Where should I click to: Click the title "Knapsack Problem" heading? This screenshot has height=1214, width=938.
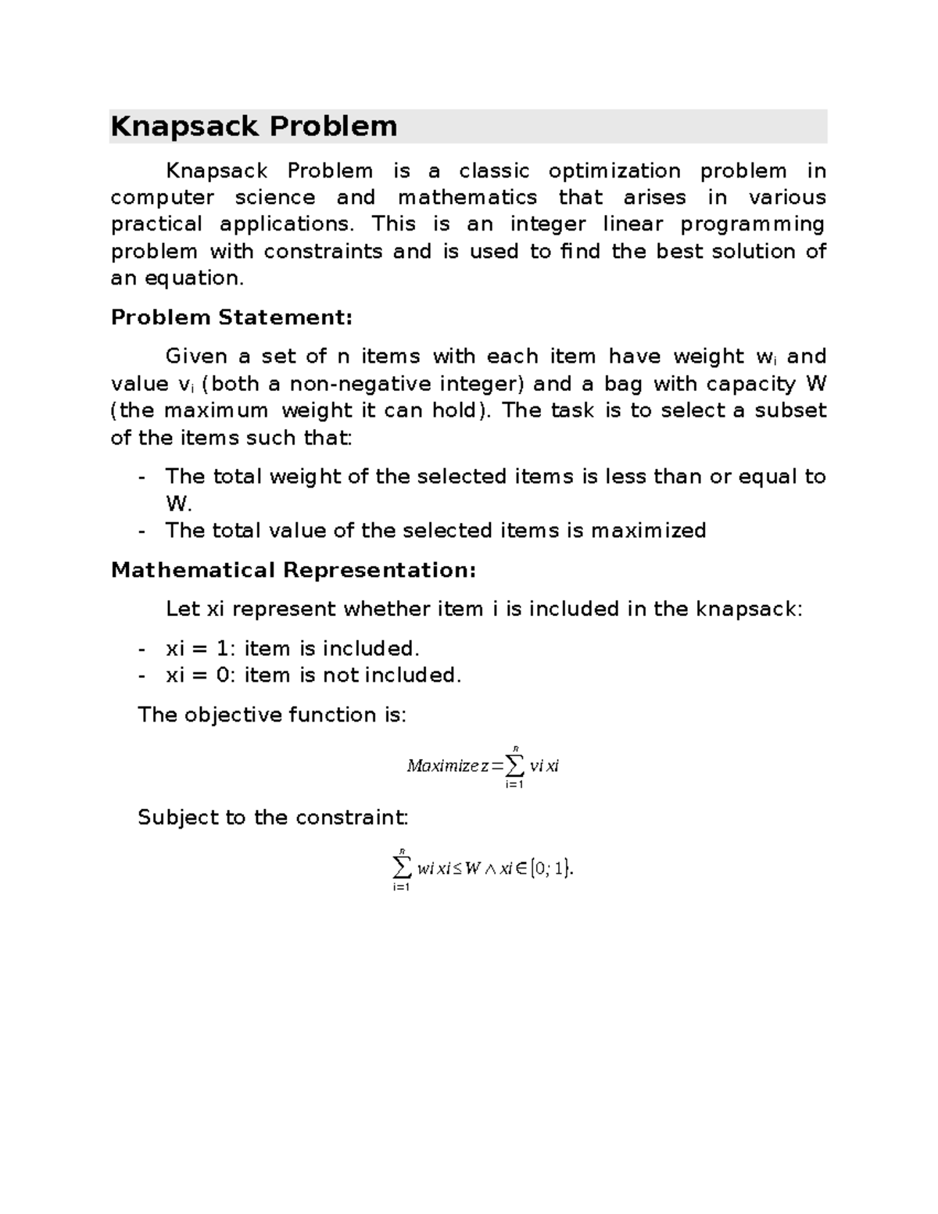tap(254, 127)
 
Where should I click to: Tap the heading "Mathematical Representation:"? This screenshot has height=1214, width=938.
tap(293, 570)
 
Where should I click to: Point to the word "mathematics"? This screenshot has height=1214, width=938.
tap(467, 198)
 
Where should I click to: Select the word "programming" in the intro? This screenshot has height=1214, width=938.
tap(753, 225)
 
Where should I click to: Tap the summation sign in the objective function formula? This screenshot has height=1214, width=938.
tap(514, 763)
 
